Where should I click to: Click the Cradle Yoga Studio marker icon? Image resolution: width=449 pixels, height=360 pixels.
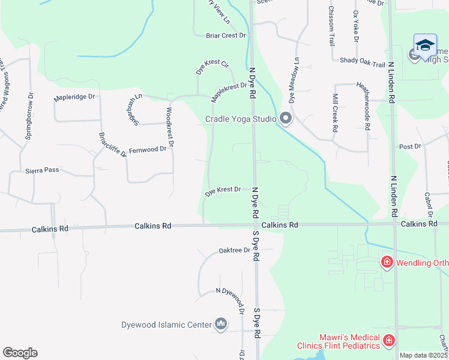point(286,119)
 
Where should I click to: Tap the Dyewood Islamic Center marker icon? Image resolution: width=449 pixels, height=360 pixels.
point(221,325)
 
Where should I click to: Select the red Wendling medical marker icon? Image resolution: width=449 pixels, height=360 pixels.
point(387,262)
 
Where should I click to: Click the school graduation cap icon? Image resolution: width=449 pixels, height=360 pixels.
point(425,46)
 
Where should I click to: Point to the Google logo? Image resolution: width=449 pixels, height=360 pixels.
point(20,353)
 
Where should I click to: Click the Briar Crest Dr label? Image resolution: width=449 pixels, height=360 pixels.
point(226,36)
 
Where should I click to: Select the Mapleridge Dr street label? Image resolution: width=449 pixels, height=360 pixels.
point(74,96)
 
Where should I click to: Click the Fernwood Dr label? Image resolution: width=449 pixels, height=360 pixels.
point(147,149)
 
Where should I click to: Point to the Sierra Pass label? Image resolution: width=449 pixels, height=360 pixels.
point(42,170)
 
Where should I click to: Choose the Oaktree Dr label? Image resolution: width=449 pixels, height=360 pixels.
point(234,250)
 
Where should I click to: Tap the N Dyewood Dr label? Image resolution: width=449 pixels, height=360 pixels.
point(230,291)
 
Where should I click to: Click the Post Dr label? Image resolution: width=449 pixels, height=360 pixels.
point(410,146)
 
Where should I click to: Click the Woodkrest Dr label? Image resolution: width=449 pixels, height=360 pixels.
point(170,127)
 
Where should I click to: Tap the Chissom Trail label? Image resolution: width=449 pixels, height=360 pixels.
point(331,26)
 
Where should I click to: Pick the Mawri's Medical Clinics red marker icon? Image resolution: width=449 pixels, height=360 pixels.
point(389,341)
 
